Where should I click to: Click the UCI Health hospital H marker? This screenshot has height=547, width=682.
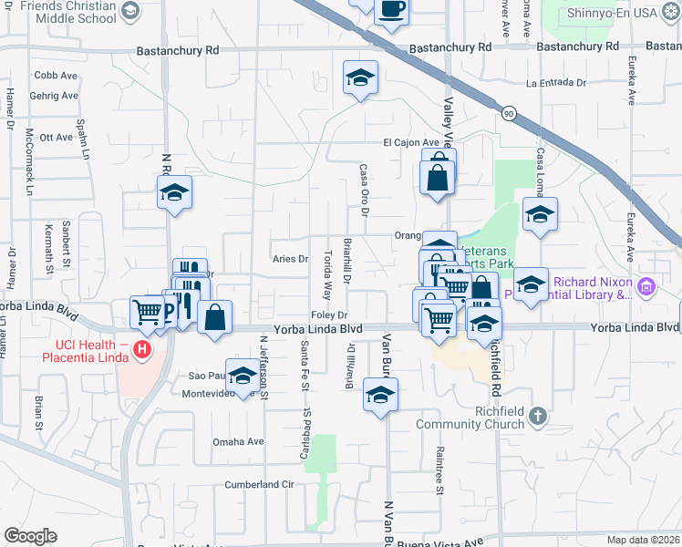pyautogui.click(x=141, y=349)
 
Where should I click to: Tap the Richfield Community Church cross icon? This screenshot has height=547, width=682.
pyautogui.click(x=538, y=417)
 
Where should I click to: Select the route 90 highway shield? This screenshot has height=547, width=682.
pyautogui.click(x=508, y=112)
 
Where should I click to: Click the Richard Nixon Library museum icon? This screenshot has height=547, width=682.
pyautogui.click(x=647, y=287)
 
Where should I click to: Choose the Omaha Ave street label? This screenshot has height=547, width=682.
pyautogui.click(x=238, y=441)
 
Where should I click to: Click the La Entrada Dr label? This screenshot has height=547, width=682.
pyautogui.click(x=555, y=83)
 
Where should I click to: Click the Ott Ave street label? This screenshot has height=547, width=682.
pyautogui.click(x=57, y=137)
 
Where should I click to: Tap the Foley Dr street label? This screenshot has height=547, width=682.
pyautogui.click(x=330, y=315)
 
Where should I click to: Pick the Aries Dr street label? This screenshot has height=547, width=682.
pyautogui.click(x=290, y=259)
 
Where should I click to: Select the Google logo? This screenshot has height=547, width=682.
pyautogui.click(x=30, y=536)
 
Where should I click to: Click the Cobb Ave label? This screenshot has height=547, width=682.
pyautogui.click(x=55, y=76)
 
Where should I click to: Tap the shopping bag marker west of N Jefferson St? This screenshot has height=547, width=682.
pyautogui.click(x=214, y=318)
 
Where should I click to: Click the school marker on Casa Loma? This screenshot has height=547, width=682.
pyautogui.click(x=540, y=215)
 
